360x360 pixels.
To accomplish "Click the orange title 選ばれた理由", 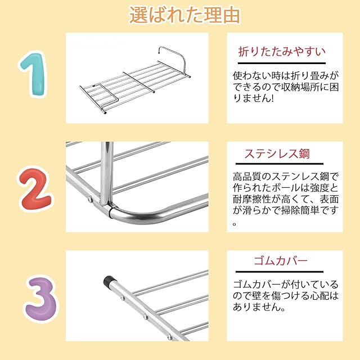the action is (x=185, y=15).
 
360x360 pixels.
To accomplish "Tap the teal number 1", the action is (x=33, y=74).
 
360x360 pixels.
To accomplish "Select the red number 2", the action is (x=35, y=189).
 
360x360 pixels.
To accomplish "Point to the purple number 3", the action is (x=41, y=299).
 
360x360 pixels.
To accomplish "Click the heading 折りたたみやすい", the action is (x=282, y=51).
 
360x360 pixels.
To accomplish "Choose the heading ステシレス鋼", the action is (x=277, y=154).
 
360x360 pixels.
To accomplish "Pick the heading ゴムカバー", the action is (x=280, y=261).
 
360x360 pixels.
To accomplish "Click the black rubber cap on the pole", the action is (x=109, y=281).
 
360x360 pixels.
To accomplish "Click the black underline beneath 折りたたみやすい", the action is (x=282, y=63).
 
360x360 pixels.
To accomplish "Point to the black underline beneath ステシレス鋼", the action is (x=280, y=164).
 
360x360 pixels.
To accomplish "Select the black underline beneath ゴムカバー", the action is (x=280, y=272).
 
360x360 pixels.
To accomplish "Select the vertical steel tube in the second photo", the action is (x=107, y=173).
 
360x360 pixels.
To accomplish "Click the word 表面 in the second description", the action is (x=329, y=199).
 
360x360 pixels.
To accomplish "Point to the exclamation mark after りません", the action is (x=272, y=98).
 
